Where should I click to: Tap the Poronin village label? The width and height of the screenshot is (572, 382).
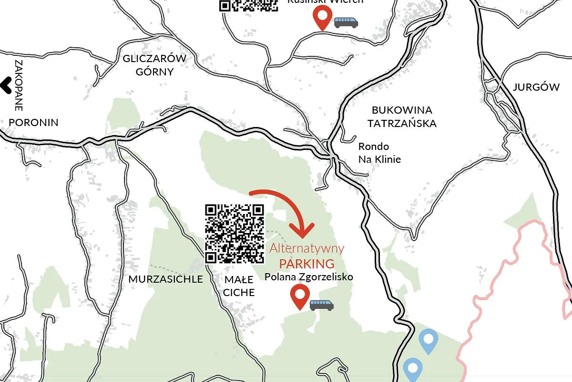tap(33, 122)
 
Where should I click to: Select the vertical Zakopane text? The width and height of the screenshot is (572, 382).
tap(20, 85)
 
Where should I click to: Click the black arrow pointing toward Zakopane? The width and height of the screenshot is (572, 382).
tap(6, 85)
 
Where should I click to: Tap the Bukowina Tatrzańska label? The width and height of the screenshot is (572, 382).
tap(402, 117)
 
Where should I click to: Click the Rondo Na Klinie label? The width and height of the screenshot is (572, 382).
tap(379, 153)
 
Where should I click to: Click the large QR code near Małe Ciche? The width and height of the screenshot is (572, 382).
tap(235, 233)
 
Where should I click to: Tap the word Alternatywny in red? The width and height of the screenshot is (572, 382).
tap(306, 248)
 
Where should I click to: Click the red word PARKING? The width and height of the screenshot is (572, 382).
tap(306, 264)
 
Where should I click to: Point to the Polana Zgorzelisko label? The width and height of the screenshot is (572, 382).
tap(309, 276)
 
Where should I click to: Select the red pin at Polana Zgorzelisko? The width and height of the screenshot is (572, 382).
tap(299, 295)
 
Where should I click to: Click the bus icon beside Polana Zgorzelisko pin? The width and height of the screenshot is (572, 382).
tap(322, 305)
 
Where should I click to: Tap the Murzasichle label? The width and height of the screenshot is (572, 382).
tap(165, 279)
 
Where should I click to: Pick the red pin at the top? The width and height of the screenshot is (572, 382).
tap(322, 17)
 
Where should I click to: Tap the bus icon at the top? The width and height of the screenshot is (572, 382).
tap(346, 22)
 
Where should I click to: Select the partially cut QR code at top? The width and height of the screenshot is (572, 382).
tap(248, 5)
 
